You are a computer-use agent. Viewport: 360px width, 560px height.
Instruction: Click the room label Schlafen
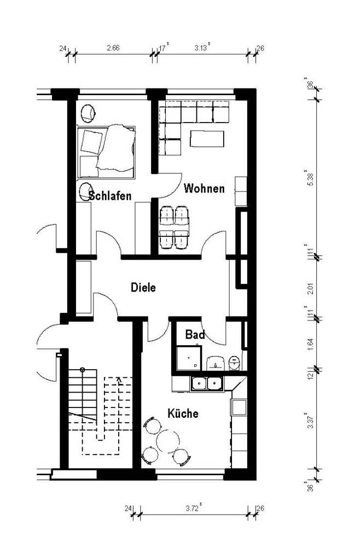pyautogui.click(x=111, y=196)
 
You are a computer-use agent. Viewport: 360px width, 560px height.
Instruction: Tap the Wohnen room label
pyautogui.click(x=204, y=189)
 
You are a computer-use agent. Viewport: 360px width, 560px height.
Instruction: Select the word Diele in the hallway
pyautogui.click(x=144, y=287)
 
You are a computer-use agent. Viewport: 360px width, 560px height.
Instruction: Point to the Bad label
pyautogui.click(x=195, y=335)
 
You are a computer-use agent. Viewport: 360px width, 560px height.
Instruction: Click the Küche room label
pyautogui.click(x=183, y=413)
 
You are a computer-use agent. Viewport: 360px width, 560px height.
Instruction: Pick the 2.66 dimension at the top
pyautogui.click(x=113, y=48)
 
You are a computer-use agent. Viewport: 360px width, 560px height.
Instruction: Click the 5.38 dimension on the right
pyautogui.click(x=310, y=177)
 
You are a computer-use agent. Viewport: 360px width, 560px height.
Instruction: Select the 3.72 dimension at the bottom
pyautogui.click(x=192, y=509)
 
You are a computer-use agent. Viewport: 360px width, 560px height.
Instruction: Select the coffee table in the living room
pyautogui.click(x=207, y=139)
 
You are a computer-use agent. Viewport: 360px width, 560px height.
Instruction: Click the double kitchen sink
pyautogui.click(x=206, y=384)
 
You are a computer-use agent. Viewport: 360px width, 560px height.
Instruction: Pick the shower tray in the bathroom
pyautogui.click(x=188, y=359)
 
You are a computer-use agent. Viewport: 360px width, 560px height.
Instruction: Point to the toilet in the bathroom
pyautogui.click(x=234, y=362)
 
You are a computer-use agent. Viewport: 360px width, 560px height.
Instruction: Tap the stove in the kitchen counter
pyautogui.click(x=239, y=407)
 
